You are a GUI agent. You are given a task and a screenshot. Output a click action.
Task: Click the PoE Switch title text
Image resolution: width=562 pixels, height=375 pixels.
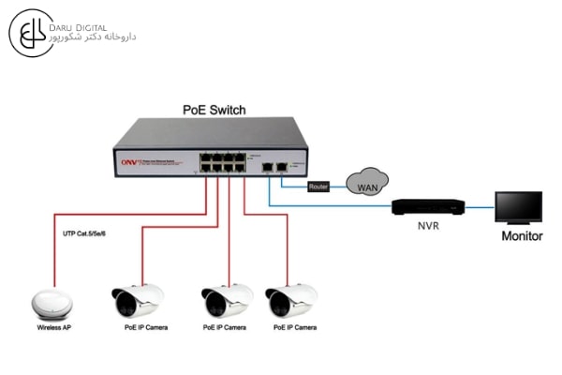point(214,110)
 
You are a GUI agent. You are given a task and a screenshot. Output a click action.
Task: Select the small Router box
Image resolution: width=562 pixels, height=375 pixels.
point(319,187)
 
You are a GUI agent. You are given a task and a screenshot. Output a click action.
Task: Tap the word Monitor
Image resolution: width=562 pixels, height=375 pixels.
point(522,236)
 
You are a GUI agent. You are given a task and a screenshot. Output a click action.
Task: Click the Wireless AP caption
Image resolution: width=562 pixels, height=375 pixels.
point(54,328)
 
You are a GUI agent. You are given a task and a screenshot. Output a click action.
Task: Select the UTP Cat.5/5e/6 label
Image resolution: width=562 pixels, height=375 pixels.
point(83,232)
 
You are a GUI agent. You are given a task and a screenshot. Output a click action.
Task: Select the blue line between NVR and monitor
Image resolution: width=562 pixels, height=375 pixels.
point(481,206)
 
